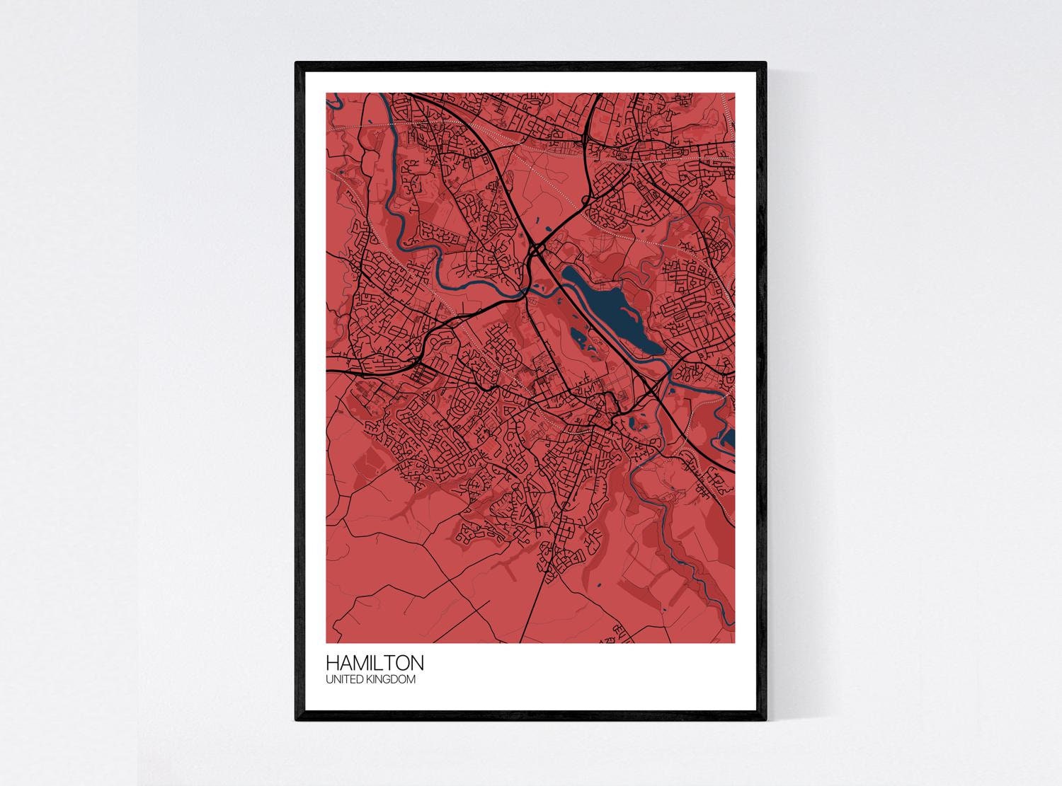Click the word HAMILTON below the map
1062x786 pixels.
pyautogui.click(x=375, y=663)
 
